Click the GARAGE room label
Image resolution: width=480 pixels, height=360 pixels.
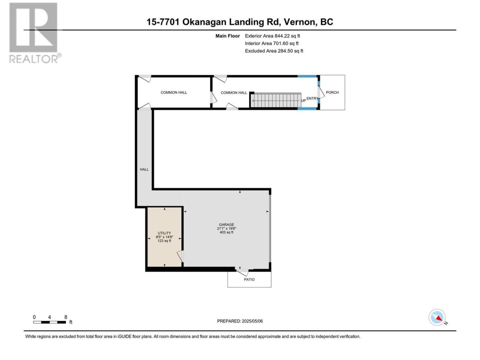pyautogui.click(x=226, y=225)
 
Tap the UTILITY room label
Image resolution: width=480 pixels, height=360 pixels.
pyautogui.click(x=164, y=233)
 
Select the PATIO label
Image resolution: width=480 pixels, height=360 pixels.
pyautogui.click(x=249, y=279)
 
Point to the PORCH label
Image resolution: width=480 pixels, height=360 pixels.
pyautogui.click(x=332, y=93)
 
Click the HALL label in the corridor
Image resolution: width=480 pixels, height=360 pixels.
pyautogui.click(x=144, y=169)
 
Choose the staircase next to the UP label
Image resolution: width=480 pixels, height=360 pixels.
pyautogui.click(x=276, y=100)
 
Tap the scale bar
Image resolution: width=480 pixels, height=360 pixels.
pyautogui.click(x=49, y=322)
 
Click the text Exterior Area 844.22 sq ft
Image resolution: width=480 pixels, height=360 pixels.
pyautogui.click(x=273, y=36)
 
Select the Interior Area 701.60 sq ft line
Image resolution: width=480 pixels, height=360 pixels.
pyautogui.click(x=271, y=43)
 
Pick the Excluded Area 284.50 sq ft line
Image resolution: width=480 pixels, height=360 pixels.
pyautogui.click(x=274, y=51)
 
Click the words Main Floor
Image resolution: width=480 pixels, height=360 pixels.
pyautogui.click(x=228, y=36)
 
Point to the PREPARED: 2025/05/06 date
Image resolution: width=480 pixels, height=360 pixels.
pyautogui.click(x=240, y=321)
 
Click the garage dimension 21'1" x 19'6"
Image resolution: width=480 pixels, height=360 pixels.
pyautogui.click(x=226, y=228)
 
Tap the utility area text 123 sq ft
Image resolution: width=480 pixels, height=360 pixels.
pyautogui.click(x=164, y=241)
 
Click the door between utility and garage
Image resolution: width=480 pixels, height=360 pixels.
pyautogui.click(x=180, y=256)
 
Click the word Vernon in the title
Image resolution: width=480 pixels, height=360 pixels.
pyautogui.click(x=300, y=22)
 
